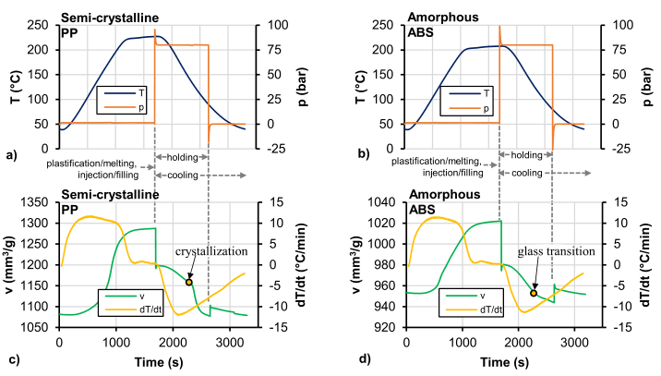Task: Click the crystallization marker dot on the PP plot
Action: (x=189, y=281)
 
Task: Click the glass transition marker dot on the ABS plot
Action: (x=534, y=293)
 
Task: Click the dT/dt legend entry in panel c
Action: (x=128, y=308)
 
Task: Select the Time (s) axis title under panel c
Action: (x=153, y=358)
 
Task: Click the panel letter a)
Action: (x=11, y=154)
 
